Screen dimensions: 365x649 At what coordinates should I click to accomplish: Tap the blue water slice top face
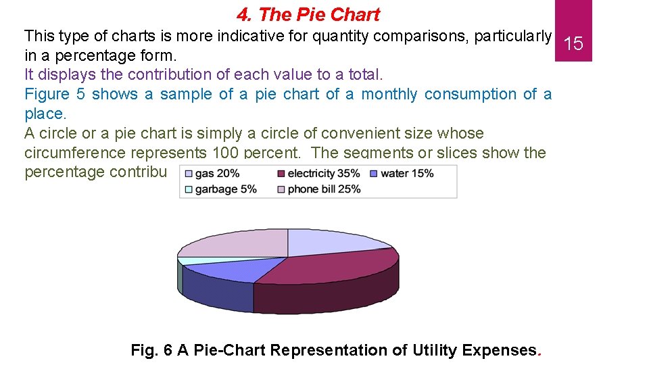point(223,270)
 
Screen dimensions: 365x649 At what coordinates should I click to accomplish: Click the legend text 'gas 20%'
point(218,174)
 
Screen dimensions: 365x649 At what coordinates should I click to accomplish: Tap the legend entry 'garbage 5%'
point(226,189)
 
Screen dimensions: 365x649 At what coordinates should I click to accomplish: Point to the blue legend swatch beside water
point(373,174)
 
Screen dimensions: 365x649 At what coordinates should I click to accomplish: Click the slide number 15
point(573,45)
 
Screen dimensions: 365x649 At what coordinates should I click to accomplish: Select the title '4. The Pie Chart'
point(308,14)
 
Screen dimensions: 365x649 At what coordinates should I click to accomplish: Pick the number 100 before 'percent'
point(225,153)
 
